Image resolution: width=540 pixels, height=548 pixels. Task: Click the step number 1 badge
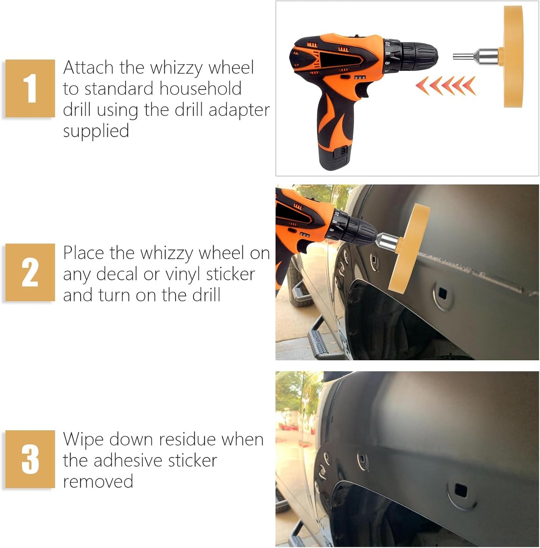30,88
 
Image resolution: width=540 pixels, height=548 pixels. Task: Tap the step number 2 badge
30,272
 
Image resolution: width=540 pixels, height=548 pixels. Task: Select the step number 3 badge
30,459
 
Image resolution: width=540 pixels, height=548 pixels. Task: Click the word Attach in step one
88,68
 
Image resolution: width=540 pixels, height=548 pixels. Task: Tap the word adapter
239,111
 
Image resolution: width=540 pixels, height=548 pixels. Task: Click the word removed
98,481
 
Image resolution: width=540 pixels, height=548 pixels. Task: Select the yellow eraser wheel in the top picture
513,56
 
